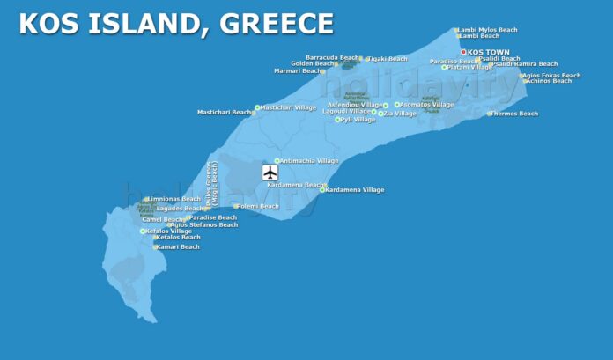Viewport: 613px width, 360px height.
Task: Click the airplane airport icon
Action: [270, 173]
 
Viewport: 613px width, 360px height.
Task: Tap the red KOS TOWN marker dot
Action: [463, 52]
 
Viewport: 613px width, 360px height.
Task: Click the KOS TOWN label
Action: [489, 52]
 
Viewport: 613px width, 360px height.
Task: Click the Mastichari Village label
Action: [288, 107]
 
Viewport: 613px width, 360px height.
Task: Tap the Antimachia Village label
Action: [308, 161]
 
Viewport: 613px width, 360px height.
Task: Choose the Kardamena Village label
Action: [355, 189]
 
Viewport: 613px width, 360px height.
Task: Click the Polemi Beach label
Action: [258, 206]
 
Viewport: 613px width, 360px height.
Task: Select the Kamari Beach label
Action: [178, 246]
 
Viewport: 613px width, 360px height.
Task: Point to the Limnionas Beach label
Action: [175, 199]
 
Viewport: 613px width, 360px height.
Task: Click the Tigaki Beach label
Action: [388, 59]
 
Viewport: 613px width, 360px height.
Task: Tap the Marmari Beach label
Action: [298, 70]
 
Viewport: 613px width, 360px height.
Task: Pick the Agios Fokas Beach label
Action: [552, 75]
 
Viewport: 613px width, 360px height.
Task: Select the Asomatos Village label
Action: [427, 104]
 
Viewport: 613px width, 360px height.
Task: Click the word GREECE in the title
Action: [271, 24]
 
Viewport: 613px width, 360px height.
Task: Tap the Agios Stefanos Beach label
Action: [204, 224]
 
